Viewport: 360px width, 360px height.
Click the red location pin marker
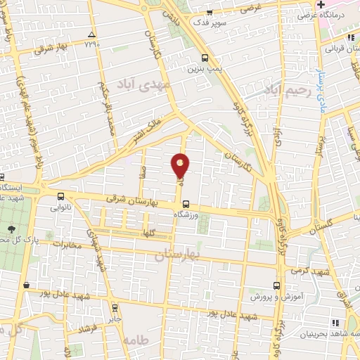[180, 165]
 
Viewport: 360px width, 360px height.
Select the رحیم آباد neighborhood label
[287, 90]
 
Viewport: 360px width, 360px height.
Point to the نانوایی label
[60, 209]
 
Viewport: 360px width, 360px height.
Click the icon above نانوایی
[60, 198]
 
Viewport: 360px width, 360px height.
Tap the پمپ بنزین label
[203, 70]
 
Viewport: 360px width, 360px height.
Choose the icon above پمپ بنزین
[205, 58]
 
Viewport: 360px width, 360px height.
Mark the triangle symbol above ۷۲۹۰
[91, 34]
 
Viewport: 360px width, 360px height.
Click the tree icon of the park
[11, 229]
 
